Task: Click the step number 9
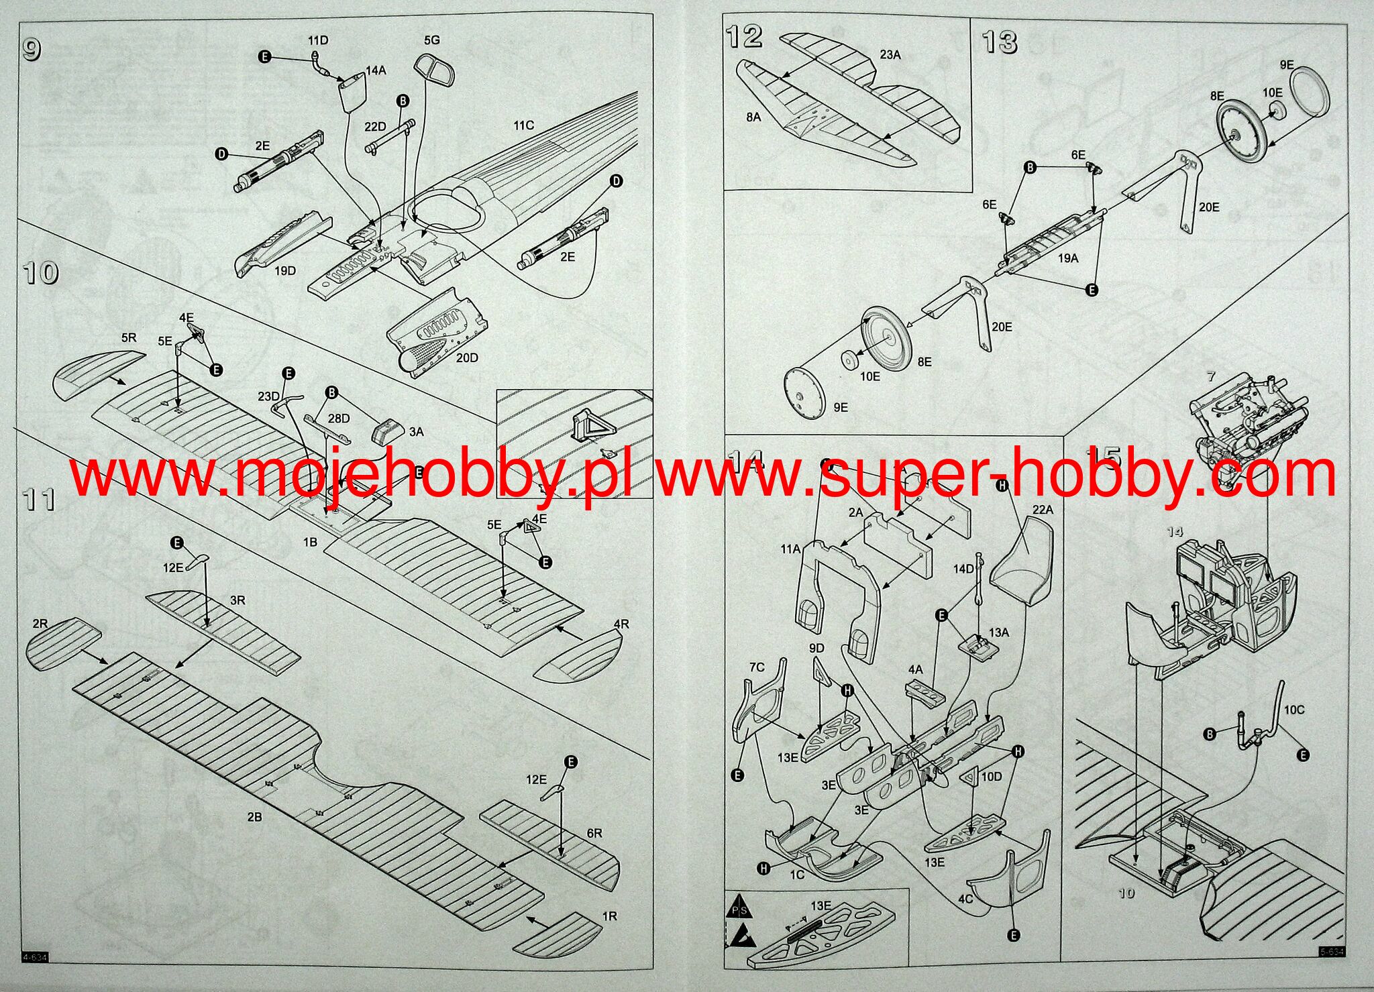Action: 32,50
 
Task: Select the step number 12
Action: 744,37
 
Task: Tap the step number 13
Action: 1000,42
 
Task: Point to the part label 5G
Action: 432,40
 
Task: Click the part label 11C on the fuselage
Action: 523,125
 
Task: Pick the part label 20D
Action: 467,357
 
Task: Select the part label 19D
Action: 285,271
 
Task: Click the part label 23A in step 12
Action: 890,55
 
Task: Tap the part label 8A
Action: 753,117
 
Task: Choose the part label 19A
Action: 1068,258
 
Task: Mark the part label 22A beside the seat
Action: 1043,510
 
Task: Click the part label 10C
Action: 1294,710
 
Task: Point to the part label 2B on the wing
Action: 254,817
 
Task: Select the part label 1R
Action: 609,916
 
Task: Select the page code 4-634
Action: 35,958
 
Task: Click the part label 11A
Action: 790,549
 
